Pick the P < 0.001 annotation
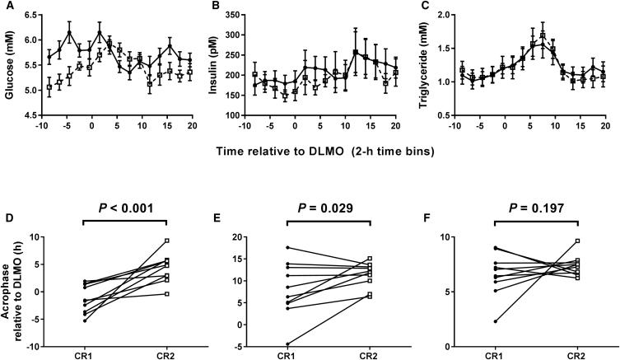[124, 208]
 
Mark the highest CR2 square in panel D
[166, 241]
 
